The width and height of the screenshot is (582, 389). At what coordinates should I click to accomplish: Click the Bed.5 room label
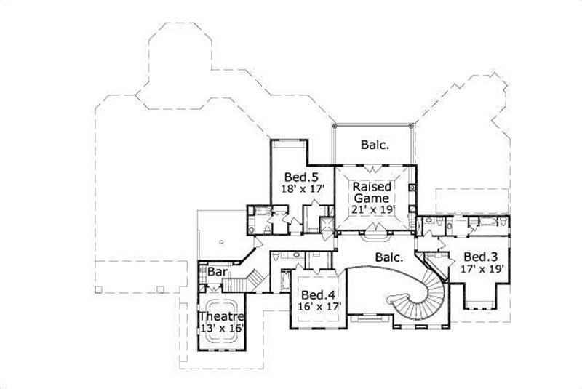298,176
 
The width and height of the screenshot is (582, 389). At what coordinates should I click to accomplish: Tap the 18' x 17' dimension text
302,189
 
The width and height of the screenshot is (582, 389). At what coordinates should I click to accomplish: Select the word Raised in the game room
372,185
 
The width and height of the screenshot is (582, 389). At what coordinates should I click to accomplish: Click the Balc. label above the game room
375,145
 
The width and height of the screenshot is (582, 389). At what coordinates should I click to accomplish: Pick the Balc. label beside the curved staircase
390,257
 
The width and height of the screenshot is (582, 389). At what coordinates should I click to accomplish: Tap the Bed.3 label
479,257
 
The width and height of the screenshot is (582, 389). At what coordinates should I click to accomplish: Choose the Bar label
217,272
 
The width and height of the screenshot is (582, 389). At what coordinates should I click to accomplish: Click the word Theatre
220,317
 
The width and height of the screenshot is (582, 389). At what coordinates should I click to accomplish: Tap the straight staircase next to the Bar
255,278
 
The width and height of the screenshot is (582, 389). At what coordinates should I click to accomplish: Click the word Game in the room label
372,197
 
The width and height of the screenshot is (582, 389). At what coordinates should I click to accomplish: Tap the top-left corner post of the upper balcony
334,126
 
